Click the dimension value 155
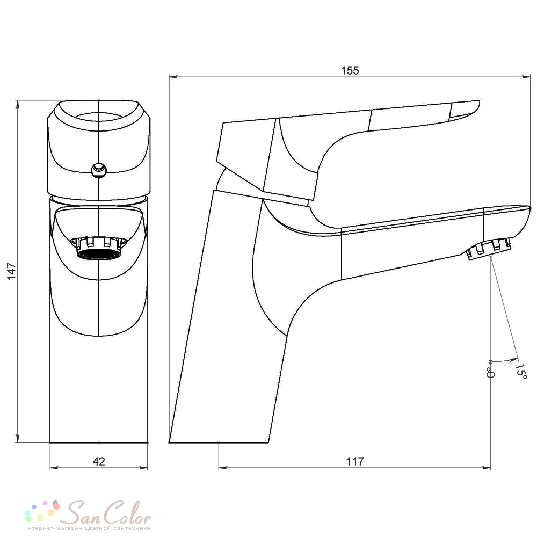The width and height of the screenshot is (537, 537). pos(350,70)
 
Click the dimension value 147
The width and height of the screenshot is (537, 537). pos(12,271)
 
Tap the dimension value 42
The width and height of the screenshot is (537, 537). pos(99,461)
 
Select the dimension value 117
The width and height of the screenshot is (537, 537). pos(354,461)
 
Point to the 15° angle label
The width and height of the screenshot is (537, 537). pos(520,371)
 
